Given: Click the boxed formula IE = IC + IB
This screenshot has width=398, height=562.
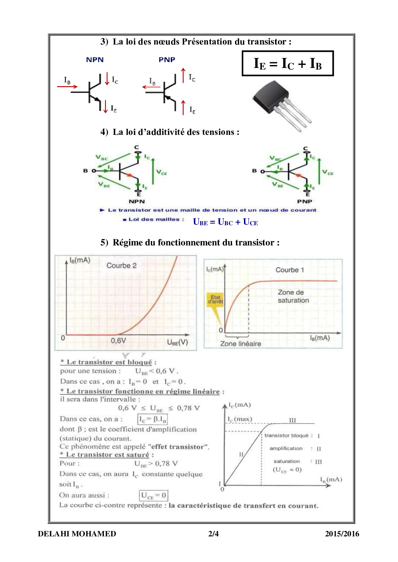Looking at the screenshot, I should [288, 63].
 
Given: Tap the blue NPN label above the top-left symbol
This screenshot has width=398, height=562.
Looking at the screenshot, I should [95, 60].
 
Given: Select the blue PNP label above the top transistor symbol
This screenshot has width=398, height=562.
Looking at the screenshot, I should [167, 60].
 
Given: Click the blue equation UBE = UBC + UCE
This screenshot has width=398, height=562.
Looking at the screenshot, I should [225, 222].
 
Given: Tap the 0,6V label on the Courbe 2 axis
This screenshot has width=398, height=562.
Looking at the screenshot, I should [118, 341].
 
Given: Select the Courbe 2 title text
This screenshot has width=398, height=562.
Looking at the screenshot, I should [121, 266].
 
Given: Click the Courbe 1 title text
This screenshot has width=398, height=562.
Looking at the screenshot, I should [290, 270].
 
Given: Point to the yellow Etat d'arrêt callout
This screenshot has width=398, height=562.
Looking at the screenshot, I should [215, 300].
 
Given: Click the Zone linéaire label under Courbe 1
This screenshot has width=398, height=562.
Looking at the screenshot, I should [240, 344].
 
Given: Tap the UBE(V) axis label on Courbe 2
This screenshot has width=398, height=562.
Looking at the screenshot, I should [177, 342].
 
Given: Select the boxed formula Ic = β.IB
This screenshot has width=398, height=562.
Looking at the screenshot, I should [153, 419].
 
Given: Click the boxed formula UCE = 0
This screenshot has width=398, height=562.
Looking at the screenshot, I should [153, 495].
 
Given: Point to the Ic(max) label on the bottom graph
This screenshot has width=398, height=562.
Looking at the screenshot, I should [240, 419].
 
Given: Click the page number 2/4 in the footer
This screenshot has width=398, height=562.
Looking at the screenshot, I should [213, 534].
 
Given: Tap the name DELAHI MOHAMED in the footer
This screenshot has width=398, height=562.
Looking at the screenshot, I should [77, 534].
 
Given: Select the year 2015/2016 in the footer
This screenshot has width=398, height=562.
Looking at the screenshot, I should [342, 534].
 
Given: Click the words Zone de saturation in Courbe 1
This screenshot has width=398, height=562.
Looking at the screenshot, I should [293, 296].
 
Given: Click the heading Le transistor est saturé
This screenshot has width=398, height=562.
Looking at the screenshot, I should [108, 455].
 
